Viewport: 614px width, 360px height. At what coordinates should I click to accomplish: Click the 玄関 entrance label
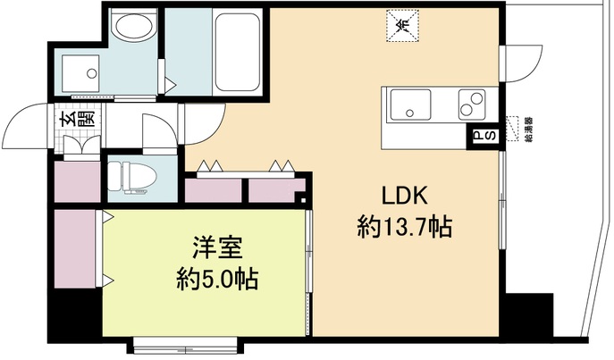pos(68,117)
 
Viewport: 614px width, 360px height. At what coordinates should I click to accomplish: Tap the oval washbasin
pos(135,27)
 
